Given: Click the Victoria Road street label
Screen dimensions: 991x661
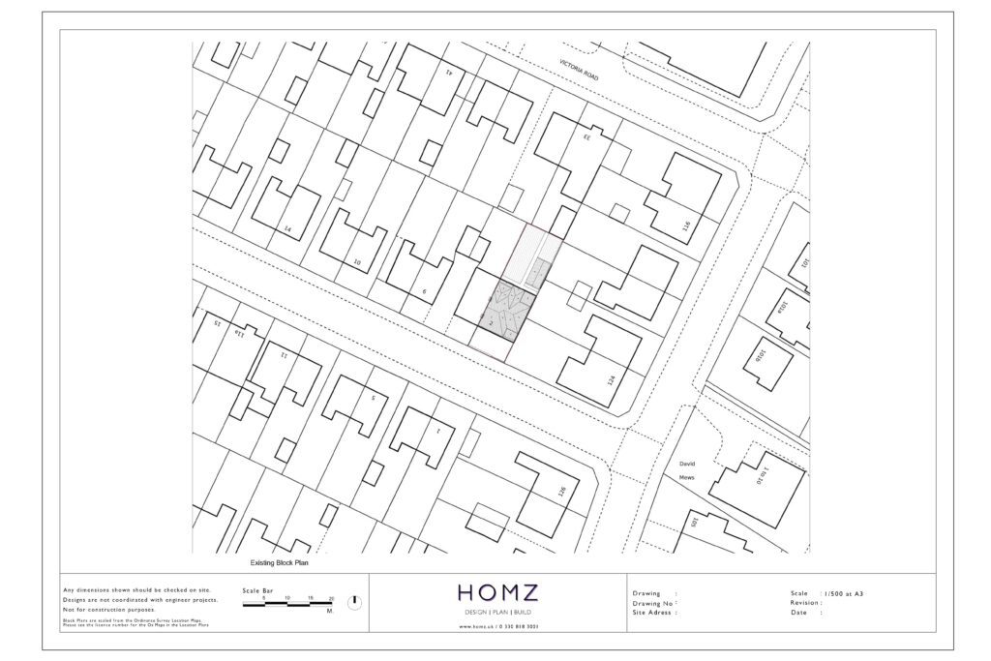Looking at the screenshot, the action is pos(580,69).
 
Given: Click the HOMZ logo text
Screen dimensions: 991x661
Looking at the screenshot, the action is pos(497,593).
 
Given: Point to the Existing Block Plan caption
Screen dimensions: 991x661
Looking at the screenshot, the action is pos(279,562).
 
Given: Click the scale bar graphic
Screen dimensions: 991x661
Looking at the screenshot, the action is pos(286,600).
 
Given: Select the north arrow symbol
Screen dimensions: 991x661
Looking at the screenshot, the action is pos(355,602).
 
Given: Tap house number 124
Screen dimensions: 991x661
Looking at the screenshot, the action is pos(611,380).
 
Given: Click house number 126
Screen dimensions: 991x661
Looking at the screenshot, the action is pos(560,492).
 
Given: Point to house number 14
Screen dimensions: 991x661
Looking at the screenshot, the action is pos(287,228).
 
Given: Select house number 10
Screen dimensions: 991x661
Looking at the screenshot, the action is pos(356,261).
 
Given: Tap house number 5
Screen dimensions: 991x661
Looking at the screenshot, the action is pos(372,397).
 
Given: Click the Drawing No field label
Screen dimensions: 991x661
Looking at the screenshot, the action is pos(654,603).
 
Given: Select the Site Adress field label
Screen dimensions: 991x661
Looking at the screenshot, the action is pos(654,613).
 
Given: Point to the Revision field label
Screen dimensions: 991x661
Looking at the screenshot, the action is pos(806,602).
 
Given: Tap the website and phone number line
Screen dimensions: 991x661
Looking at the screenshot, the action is pos(497,629).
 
